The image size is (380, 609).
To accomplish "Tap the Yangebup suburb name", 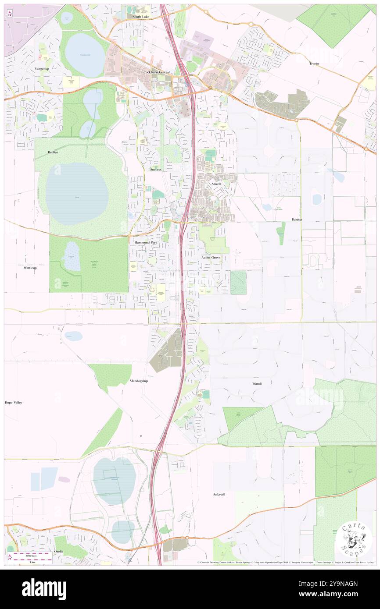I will click(x=45, y=69).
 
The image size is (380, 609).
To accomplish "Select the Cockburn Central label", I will click(x=156, y=72).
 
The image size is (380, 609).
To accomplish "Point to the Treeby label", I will click(x=314, y=64).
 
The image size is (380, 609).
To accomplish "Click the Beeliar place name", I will click(x=53, y=152).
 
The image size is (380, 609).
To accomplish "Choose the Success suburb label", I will click(x=156, y=169).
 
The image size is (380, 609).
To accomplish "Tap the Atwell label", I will click(x=216, y=184).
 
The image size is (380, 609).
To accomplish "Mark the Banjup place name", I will click(x=298, y=219).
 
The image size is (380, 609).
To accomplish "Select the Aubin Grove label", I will click(x=211, y=258).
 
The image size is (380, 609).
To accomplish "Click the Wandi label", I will click(x=257, y=383).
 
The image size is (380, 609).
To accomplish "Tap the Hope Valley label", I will click(x=13, y=402).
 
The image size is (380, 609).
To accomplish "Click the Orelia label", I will click(x=59, y=551).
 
